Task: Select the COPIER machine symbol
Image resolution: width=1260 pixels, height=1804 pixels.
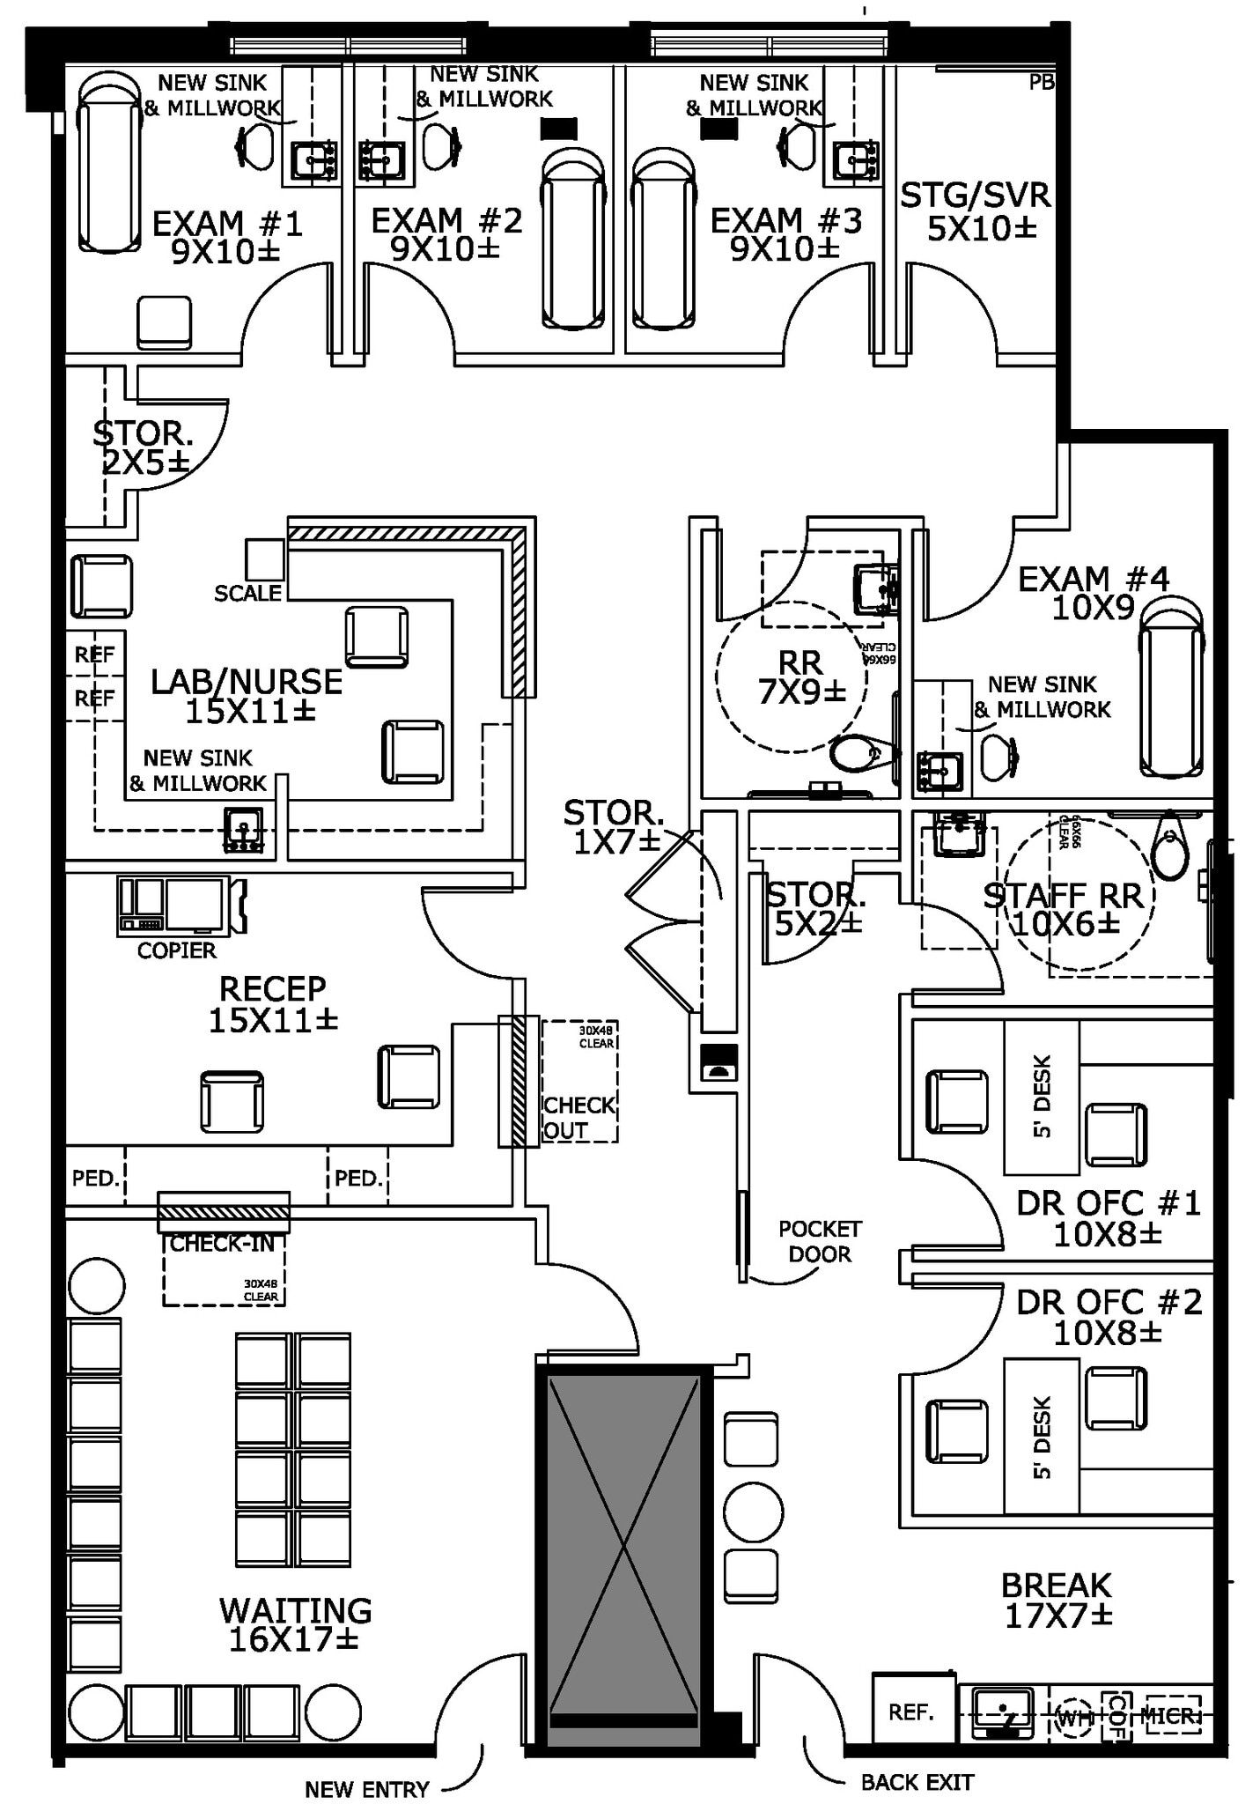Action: point(181,905)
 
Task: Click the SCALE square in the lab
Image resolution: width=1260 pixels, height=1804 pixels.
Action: point(264,559)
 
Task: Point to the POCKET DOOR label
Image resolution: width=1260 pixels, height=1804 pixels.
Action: point(820,1241)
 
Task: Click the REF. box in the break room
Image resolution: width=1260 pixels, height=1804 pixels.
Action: point(912,1712)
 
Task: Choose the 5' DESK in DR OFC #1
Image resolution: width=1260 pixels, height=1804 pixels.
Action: point(1042,1097)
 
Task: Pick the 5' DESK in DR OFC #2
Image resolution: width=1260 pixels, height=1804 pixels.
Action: point(1042,1438)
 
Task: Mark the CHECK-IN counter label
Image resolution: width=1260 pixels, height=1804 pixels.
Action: point(222,1244)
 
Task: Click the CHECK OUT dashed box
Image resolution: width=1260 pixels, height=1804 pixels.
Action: point(578,1082)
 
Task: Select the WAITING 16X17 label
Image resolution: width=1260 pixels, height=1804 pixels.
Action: point(295,1623)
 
